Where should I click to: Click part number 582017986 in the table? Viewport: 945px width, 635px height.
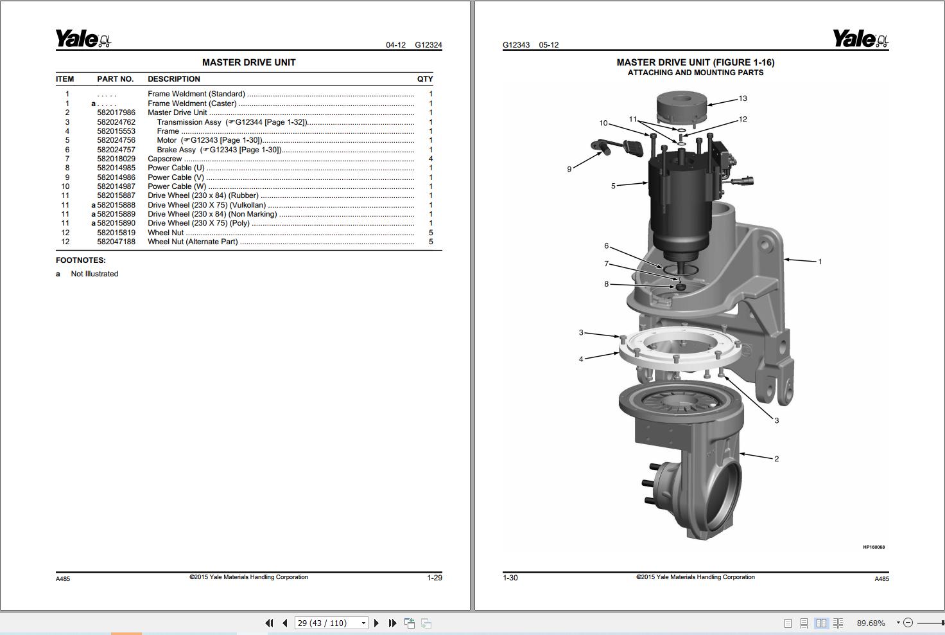[x=116, y=112]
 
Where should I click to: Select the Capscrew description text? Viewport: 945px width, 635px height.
[x=165, y=159]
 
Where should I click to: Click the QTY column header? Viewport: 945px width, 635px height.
[x=424, y=79]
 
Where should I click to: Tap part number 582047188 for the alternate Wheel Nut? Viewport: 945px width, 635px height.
[x=116, y=242]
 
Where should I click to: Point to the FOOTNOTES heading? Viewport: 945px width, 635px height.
[x=81, y=260]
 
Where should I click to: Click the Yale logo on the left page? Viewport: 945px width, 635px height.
[x=83, y=39]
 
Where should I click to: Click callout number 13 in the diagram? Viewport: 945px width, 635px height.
[x=743, y=98]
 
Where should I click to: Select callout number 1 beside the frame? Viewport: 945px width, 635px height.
[x=819, y=262]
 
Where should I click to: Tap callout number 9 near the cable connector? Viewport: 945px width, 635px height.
[x=569, y=169]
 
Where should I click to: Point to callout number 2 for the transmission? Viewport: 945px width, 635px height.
[x=776, y=459]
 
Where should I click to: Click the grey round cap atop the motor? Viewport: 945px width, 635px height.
[x=681, y=107]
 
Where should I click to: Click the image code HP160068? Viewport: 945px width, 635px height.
[x=873, y=548]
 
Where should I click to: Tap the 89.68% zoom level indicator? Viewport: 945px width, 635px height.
[x=871, y=623]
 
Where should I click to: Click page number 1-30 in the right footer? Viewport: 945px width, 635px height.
[x=510, y=578]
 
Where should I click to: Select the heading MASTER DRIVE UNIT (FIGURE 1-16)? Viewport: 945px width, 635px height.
[x=695, y=62]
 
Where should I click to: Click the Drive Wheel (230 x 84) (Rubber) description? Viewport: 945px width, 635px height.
[x=203, y=195]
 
